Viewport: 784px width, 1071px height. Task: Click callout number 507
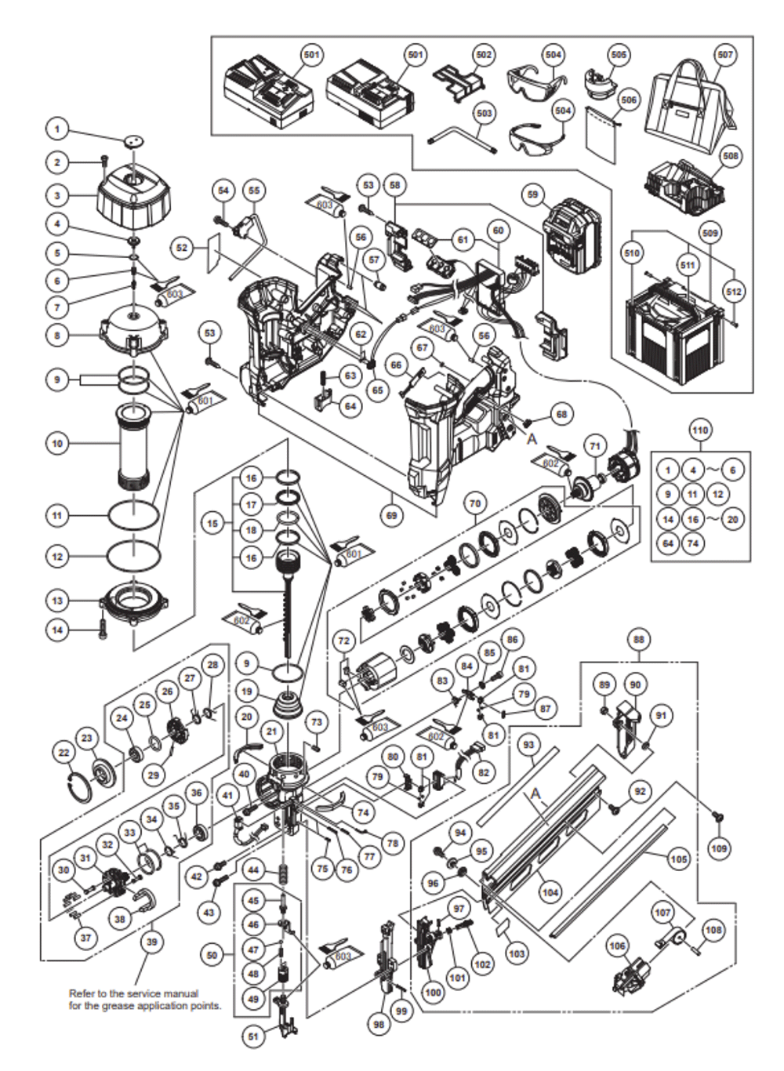click(725, 55)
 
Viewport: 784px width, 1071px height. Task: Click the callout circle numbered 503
click(485, 114)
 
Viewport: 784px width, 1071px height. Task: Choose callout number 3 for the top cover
click(57, 195)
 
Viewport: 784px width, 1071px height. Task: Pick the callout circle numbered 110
click(699, 430)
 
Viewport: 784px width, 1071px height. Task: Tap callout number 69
click(391, 515)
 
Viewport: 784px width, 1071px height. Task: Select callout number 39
click(151, 942)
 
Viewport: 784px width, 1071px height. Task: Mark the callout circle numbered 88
click(639, 640)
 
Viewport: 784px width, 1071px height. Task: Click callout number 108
click(713, 930)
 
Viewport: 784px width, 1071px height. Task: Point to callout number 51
click(253, 1037)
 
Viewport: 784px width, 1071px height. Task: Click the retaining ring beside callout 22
click(80, 784)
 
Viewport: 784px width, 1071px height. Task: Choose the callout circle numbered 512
click(733, 292)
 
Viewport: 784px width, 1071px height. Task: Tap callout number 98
click(380, 1024)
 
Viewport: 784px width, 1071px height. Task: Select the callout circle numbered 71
click(596, 446)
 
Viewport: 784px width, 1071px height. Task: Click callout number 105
click(679, 859)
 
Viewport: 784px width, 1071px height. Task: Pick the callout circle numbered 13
click(57, 601)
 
